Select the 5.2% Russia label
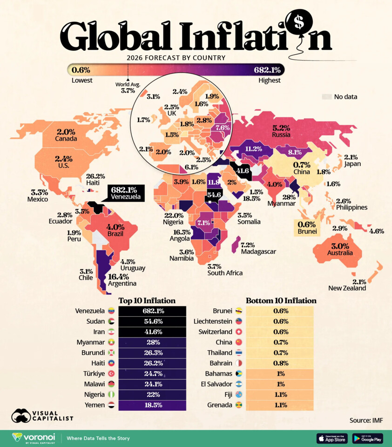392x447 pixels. tap(281, 131)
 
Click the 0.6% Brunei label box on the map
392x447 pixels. tap(307, 228)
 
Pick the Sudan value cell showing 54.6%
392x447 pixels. tap(152, 321)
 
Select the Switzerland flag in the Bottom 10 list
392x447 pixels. tap(239, 332)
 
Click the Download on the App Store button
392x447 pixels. tap(332, 438)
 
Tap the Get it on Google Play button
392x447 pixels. tap(368, 438)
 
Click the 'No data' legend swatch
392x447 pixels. tap(327, 96)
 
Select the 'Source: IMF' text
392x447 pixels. tap(366, 420)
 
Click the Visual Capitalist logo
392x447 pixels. tap(42, 415)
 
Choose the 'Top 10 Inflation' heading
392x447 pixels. tap(147, 300)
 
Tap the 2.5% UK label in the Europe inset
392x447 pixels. tap(171, 110)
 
